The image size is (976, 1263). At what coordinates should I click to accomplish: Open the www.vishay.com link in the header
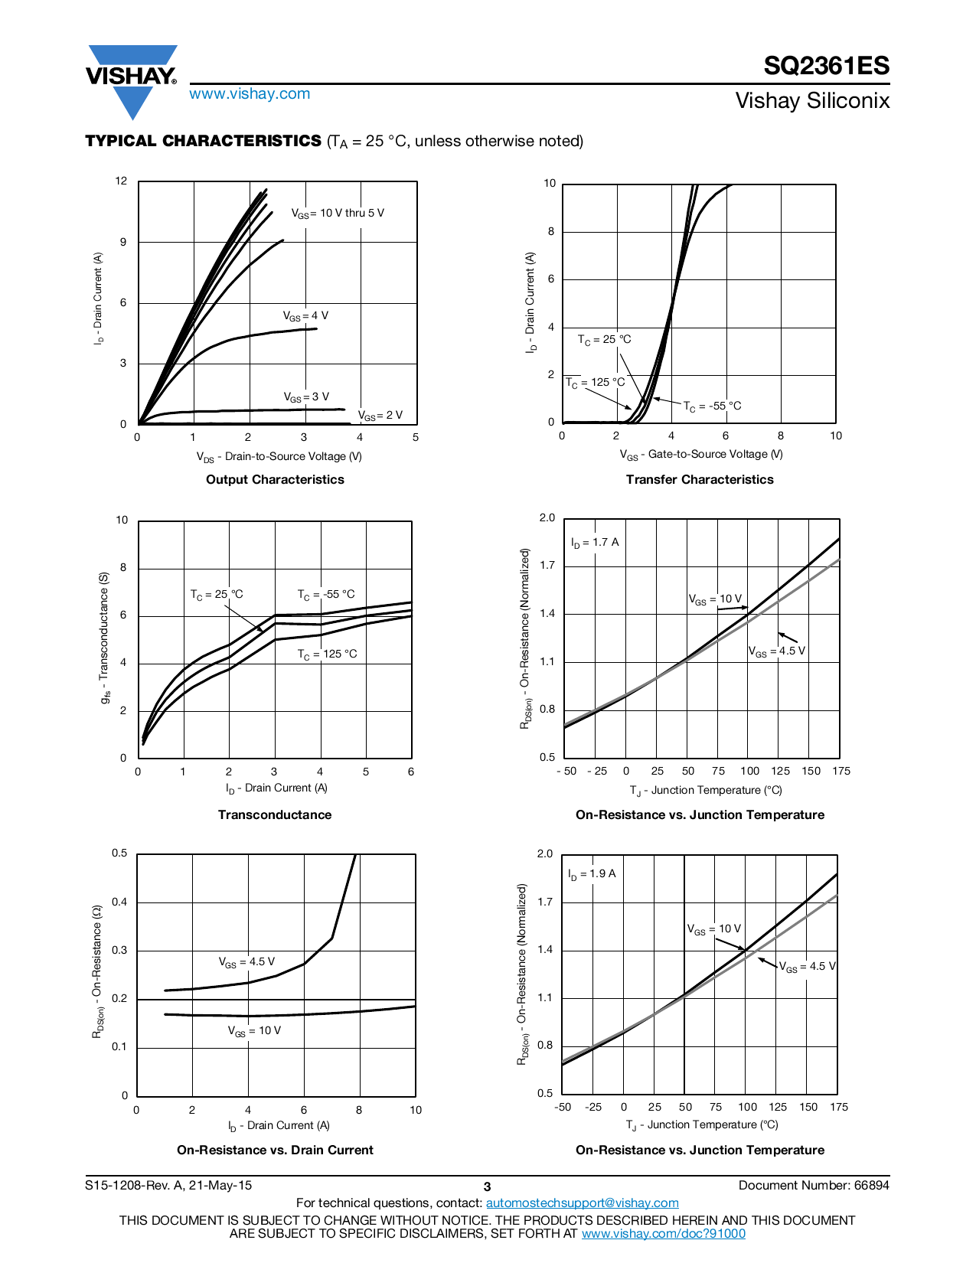[x=250, y=93]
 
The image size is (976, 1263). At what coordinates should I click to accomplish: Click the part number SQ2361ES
[x=826, y=66]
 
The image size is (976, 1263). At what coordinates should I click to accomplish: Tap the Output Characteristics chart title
[x=275, y=479]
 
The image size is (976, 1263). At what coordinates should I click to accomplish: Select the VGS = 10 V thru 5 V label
[x=338, y=214]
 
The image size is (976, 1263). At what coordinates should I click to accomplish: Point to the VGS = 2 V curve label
[x=380, y=416]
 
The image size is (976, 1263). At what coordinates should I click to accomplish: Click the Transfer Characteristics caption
[x=699, y=479]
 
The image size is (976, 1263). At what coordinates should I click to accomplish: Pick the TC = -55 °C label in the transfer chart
[x=712, y=406]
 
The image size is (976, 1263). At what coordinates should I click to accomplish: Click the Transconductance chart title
[x=274, y=814]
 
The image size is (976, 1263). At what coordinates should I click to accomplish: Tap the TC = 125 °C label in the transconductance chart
[x=327, y=654]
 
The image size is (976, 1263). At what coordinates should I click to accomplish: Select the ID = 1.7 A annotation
[x=595, y=543]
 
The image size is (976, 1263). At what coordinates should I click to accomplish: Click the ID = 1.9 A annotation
[x=592, y=874]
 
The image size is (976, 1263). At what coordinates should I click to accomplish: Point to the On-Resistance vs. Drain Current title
[x=275, y=1150]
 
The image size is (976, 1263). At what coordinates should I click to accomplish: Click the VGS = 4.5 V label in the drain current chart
[x=246, y=962]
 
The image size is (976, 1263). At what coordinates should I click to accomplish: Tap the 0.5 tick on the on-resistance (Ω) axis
[x=120, y=853]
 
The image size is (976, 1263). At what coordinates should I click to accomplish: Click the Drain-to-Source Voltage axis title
[x=279, y=457]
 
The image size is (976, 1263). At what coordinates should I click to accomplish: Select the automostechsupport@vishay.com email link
[x=582, y=1203]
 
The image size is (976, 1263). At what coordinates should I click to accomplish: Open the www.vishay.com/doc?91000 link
[x=663, y=1233]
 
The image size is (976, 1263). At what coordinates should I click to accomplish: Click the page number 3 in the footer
[x=487, y=1186]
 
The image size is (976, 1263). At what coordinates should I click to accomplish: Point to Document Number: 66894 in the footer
[x=814, y=1185]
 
